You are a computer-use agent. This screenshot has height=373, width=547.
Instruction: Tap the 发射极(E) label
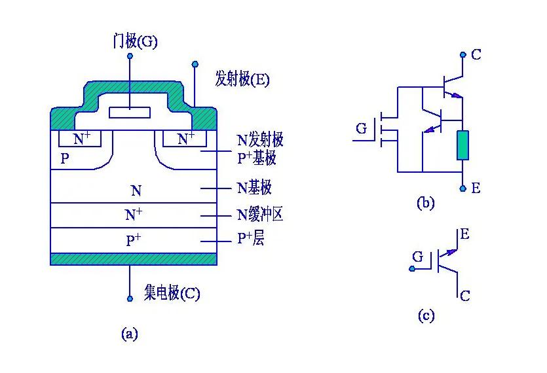click(x=242, y=80)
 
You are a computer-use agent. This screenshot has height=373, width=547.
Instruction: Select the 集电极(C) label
click(x=172, y=293)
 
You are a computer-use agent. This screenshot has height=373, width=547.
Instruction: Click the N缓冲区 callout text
click(x=260, y=214)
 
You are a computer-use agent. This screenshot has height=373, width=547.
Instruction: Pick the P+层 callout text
click(x=250, y=240)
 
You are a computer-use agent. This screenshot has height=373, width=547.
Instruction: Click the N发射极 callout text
click(x=260, y=140)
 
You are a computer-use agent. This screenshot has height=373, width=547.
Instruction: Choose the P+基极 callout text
click(x=257, y=157)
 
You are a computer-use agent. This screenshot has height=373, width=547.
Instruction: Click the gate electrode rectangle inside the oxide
click(x=130, y=112)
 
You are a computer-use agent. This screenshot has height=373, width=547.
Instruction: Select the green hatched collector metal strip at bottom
click(x=134, y=259)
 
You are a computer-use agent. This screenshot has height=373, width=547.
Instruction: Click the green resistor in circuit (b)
click(x=463, y=145)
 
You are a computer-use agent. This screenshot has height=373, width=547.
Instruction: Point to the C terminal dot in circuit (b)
click(x=463, y=55)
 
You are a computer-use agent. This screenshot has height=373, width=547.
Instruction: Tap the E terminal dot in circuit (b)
click(x=463, y=188)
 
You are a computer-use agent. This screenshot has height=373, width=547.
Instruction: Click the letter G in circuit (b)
click(x=362, y=129)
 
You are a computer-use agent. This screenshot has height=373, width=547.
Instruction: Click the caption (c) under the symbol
click(x=426, y=316)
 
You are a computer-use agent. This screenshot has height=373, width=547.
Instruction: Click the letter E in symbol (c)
click(x=464, y=234)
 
